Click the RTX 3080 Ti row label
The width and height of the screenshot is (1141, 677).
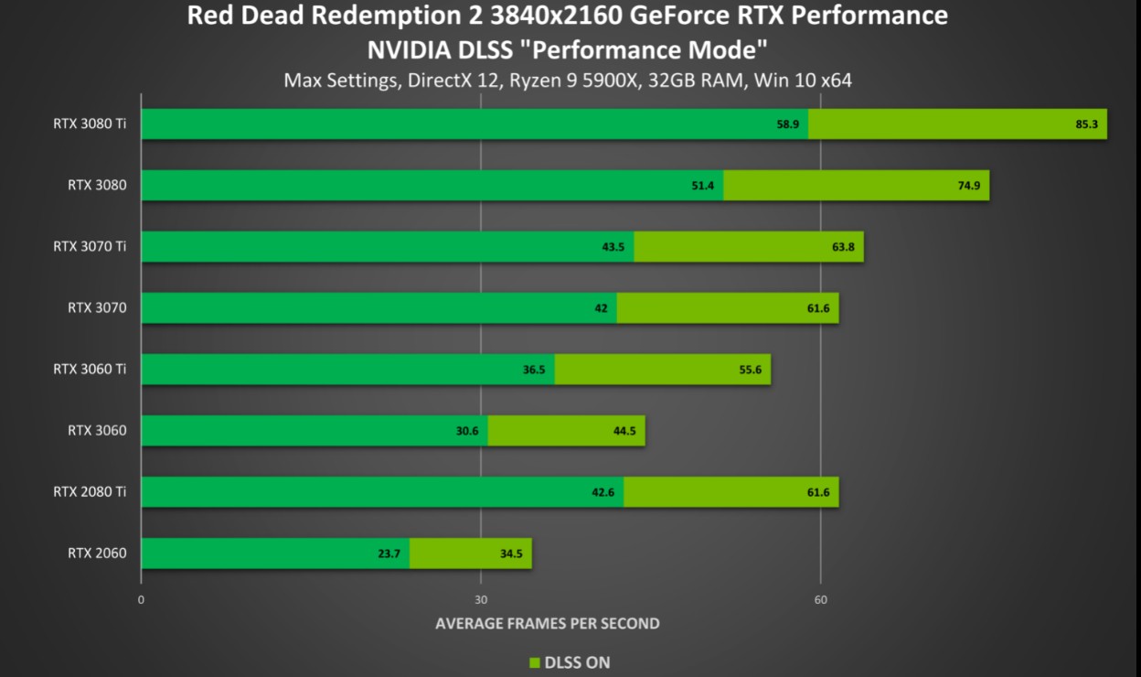(x=90, y=124)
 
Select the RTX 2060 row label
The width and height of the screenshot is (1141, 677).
(x=97, y=553)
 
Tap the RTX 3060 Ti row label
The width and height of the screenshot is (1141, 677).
(x=90, y=369)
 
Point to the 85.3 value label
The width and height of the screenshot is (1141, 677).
(x=1086, y=124)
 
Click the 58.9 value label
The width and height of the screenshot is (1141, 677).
(x=788, y=124)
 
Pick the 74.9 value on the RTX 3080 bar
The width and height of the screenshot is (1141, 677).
(x=969, y=185)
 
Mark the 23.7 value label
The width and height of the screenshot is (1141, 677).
(x=389, y=553)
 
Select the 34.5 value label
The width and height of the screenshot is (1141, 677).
(x=511, y=553)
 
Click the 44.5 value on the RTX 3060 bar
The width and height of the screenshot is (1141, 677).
(x=625, y=430)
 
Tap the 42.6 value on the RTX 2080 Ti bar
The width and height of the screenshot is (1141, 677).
(x=602, y=491)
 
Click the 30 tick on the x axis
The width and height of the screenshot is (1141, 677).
(x=481, y=600)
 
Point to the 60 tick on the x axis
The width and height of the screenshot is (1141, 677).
(x=821, y=600)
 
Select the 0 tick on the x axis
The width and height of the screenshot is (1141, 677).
(x=141, y=600)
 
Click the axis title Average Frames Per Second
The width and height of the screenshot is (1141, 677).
(x=547, y=623)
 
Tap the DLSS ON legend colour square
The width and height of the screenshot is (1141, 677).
(x=535, y=662)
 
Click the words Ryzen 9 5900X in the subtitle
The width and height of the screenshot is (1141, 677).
(x=575, y=80)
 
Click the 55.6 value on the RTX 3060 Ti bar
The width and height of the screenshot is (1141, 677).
(x=751, y=369)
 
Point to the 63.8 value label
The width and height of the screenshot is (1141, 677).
(x=843, y=246)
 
